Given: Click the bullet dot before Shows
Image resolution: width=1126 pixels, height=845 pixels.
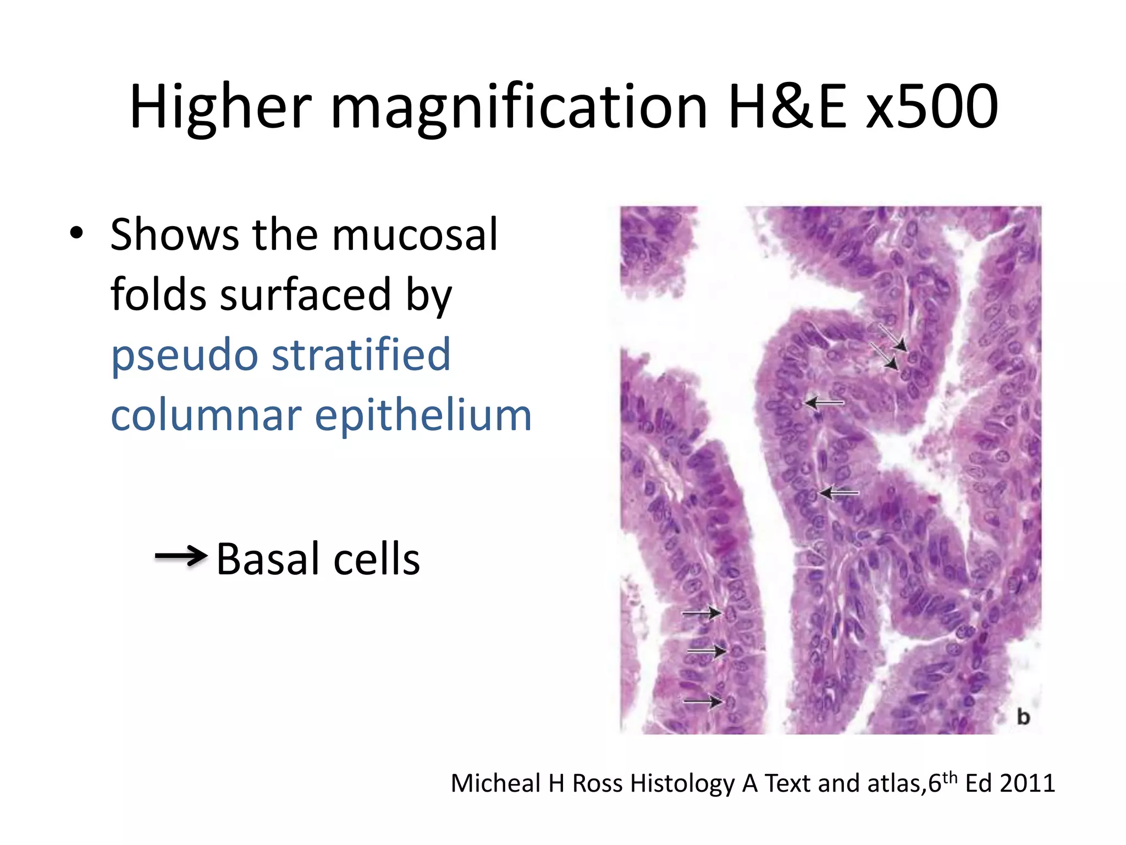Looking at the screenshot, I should click(76, 233).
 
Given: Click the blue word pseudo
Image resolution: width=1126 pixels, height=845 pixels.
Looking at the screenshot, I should click(184, 355).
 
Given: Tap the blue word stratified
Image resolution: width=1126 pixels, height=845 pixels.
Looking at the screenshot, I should click(361, 355).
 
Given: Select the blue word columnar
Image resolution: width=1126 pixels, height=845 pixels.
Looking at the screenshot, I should click(206, 415).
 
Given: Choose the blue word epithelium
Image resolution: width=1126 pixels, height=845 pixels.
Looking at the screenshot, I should click(423, 416).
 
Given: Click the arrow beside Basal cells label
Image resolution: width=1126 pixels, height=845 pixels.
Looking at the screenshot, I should click(181, 556).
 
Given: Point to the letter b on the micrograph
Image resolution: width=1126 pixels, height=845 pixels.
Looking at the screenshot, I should click(1023, 716).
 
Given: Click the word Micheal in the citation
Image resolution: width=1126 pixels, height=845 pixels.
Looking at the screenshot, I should click(496, 783).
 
